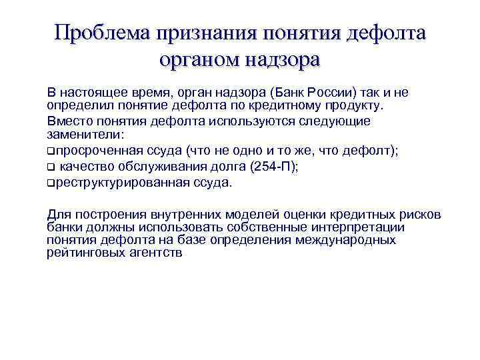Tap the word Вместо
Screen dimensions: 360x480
(x=67, y=121)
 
